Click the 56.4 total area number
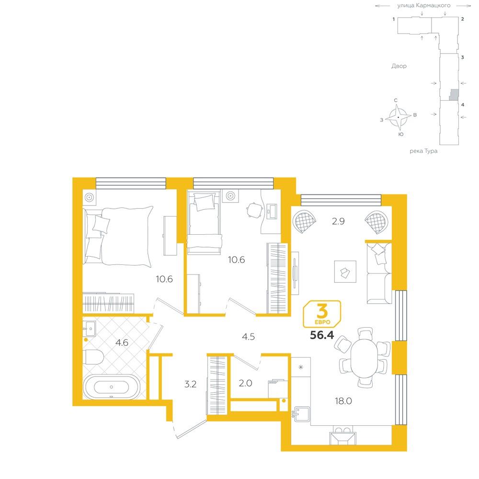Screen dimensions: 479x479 (x=322, y=335)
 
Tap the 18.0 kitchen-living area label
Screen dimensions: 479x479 (x=343, y=401)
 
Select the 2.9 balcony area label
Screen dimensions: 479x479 (x=339, y=221)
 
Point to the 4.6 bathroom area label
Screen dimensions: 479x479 (x=122, y=343)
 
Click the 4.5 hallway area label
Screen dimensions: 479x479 (x=248, y=337)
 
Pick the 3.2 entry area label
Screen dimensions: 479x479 (x=190, y=384)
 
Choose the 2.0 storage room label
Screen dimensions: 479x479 (x=245, y=383)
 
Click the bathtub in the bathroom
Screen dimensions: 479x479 (x=112, y=387)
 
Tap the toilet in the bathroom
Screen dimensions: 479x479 (x=93, y=357)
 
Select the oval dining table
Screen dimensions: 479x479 (x=364, y=358)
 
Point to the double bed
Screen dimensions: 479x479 (x=118, y=236)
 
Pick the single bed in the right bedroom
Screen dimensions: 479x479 (x=204, y=223)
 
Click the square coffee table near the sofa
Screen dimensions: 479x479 (x=345, y=272)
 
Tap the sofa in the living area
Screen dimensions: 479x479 (x=379, y=273)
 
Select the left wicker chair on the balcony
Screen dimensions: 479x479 (x=304, y=222)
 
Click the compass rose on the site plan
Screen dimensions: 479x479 (x=398, y=117)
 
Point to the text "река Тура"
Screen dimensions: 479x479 (x=423, y=151)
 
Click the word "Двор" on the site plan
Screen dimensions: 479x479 (x=399, y=66)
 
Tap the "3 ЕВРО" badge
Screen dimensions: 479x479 (x=322, y=314)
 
